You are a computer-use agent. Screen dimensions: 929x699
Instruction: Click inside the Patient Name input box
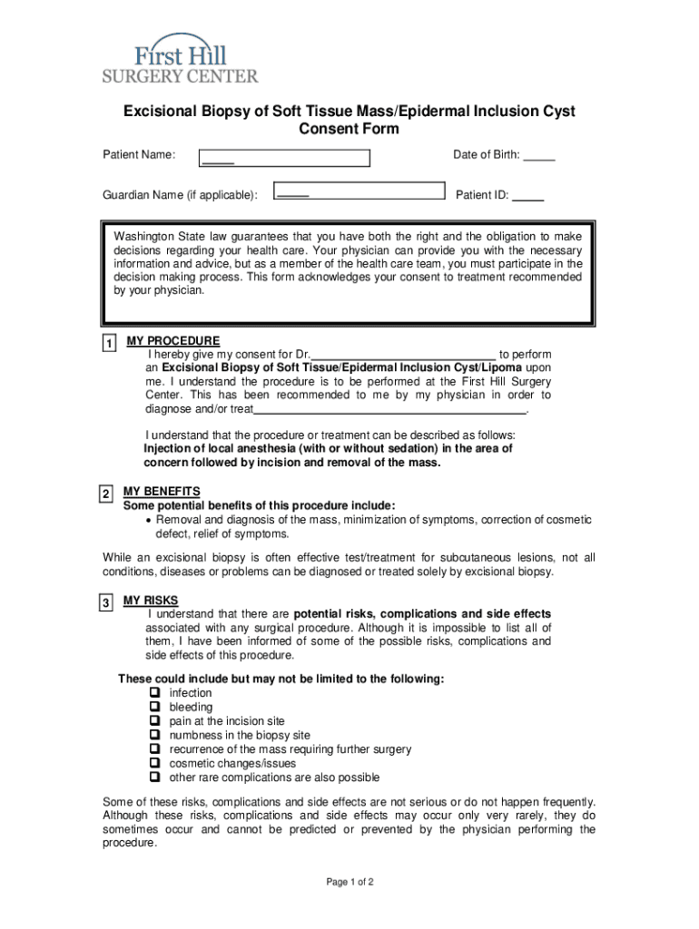click(x=285, y=159)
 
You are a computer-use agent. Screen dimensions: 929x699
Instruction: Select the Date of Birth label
click(x=487, y=155)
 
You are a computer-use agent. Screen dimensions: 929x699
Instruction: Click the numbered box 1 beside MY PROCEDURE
click(x=109, y=344)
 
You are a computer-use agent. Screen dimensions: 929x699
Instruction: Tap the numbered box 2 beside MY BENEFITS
click(x=106, y=494)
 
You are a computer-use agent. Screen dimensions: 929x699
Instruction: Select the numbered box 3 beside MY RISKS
click(x=106, y=603)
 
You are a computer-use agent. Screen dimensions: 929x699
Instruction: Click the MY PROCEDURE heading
click(x=172, y=341)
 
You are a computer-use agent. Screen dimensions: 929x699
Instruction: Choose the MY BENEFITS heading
click(x=162, y=492)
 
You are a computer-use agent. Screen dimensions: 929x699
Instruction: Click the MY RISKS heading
click(x=151, y=601)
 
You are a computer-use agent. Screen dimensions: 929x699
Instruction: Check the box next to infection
click(x=155, y=693)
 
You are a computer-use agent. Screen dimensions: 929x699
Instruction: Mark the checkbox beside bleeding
click(x=155, y=707)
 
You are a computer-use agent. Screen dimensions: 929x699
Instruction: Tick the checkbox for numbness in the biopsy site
click(x=155, y=735)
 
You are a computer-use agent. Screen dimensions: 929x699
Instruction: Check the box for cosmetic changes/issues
click(x=155, y=763)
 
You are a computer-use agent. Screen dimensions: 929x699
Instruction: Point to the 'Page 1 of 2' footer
click(x=349, y=882)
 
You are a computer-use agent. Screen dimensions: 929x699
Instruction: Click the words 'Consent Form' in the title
click(x=349, y=129)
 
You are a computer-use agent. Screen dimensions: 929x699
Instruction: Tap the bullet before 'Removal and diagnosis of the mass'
click(x=150, y=521)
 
